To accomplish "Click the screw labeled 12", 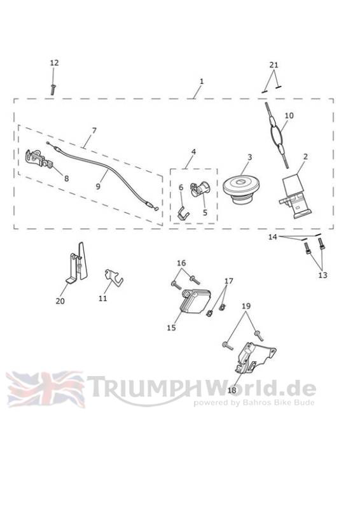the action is (x=52, y=89).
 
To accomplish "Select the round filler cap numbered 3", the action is (x=240, y=192).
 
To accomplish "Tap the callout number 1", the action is (x=202, y=81).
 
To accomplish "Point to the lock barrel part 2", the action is (x=296, y=197).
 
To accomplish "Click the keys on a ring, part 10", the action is (x=277, y=134).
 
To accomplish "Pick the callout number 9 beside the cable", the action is (x=98, y=186).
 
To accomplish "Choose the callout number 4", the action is (x=193, y=151).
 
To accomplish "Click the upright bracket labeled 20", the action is (x=77, y=263).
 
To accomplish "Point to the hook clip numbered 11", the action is (x=114, y=276).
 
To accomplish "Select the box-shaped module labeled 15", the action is (x=195, y=301).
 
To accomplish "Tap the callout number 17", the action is (x=228, y=281).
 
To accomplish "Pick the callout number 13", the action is (x=322, y=275).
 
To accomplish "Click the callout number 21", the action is (x=274, y=65).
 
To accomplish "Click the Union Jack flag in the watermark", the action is (x=45, y=389).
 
